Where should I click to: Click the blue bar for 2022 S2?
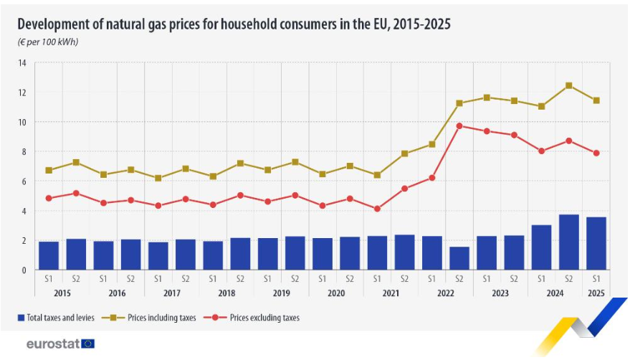point(459,258)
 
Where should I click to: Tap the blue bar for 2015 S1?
point(49,255)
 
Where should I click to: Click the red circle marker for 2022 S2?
point(459,126)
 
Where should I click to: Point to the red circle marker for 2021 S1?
point(378,209)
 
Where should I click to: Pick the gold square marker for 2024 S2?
point(569,85)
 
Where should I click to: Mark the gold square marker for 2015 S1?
point(49,170)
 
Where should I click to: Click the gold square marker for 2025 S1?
point(596,100)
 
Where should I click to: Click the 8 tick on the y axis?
point(24,151)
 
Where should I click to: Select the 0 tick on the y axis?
point(24,270)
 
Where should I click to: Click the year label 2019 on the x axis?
point(282,293)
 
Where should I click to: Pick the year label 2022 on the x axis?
point(446,293)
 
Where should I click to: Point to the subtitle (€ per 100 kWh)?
point(48,42)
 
